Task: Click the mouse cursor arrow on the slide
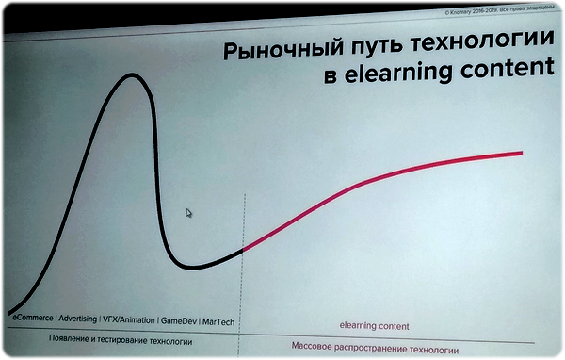tap(189, 214)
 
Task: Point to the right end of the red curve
tap(521, 152)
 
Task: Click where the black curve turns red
tap(244, 250)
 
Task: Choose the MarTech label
tap(218, 320)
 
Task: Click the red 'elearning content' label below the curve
tap(374, 326)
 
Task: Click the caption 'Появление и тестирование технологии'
tap(121, 340)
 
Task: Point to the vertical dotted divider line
tap(245, 283)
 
